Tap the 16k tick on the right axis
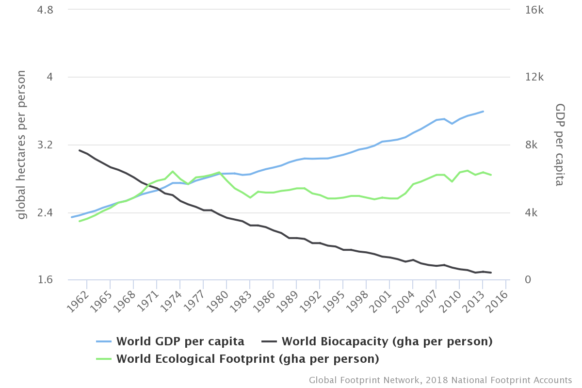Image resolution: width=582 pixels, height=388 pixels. click(534, 10)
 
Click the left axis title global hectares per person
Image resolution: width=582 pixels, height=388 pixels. click(21, 145)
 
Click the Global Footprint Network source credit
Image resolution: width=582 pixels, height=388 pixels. click(440, 380)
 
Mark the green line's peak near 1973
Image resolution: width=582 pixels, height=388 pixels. click(173, 171)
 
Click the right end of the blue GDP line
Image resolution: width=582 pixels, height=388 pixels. click(483, 111)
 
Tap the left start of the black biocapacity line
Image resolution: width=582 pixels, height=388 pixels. click(79, 150)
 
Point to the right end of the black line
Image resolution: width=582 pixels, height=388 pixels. click(491, 273)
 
